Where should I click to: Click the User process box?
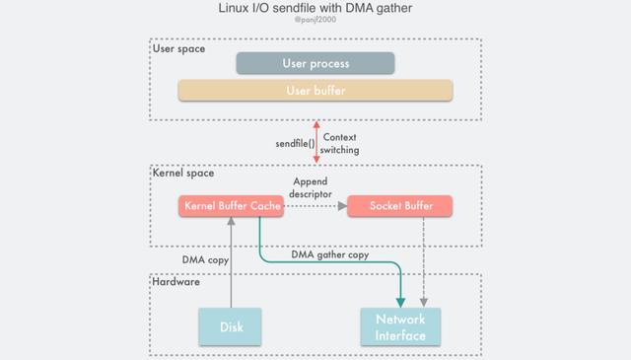[x=315, y=63]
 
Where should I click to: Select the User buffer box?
[x=315, y=91]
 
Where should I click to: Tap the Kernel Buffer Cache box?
[x=232, y=206]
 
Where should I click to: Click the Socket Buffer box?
[x=400, y=206]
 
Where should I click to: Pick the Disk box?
[x=231, y=326]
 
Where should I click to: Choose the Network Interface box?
[x=400, y=326]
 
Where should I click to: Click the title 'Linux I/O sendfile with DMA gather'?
[x=315, y=8]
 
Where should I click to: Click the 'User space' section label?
[x=178, y=48]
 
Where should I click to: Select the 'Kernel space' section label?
[x=182, y=173]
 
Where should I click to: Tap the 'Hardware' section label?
[x=176, y=282]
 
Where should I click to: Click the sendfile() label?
[x=295, y=144]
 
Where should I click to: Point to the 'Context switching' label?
[x=339, y=144]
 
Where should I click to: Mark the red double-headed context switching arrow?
[x=315, y=142]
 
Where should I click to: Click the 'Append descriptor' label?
[x=310, y=187]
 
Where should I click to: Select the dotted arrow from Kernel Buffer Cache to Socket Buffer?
[x=315, y=206]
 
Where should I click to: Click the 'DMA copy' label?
[x=205, y=260]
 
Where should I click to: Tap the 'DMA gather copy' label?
[x=329, y=254]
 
